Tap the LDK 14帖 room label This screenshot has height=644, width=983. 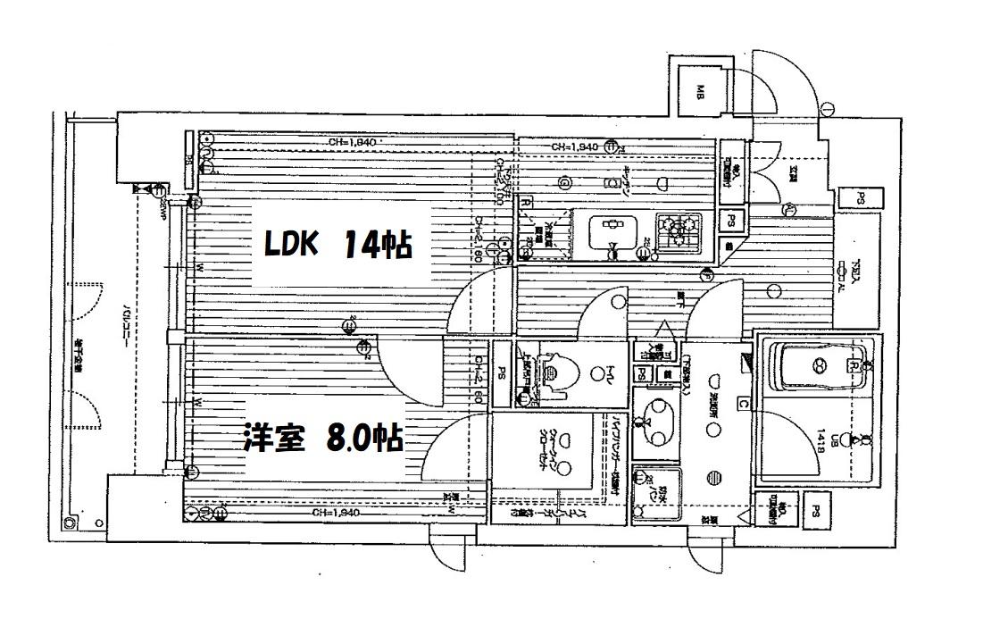pos(337,244)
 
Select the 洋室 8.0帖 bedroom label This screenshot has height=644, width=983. pos(322,439)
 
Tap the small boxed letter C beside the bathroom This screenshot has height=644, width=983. pos(743,402)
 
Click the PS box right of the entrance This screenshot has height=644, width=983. pos(862,199)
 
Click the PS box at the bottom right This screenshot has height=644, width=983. pos(816,511)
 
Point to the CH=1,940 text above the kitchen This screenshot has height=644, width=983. pos(574,146)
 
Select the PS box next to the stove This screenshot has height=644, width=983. pos(731,220)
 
